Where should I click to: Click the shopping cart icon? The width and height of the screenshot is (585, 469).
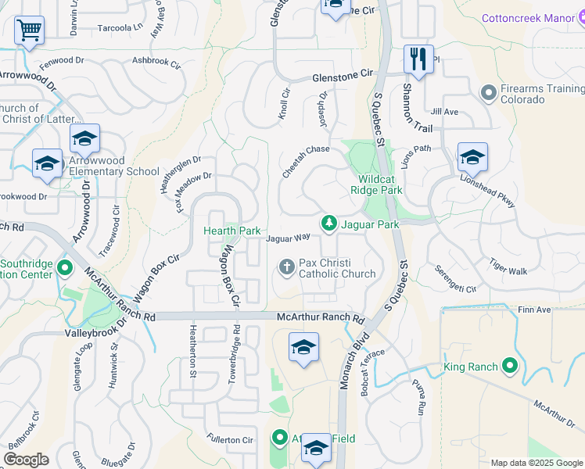(29, 30)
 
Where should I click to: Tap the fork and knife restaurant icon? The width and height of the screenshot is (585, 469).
(418, 59)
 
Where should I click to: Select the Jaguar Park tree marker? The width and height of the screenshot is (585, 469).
(330, 224)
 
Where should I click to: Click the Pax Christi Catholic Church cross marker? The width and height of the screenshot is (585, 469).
(287, 267)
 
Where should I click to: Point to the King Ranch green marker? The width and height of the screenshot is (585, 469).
(510, 365)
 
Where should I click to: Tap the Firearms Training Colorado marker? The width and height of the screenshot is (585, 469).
(489, 94)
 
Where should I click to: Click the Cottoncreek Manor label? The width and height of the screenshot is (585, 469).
(533, 17)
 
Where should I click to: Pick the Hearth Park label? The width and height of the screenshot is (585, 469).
(231, 231)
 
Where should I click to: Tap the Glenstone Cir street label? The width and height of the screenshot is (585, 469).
(344, 76)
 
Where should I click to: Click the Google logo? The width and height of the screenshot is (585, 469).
(26, 460)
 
